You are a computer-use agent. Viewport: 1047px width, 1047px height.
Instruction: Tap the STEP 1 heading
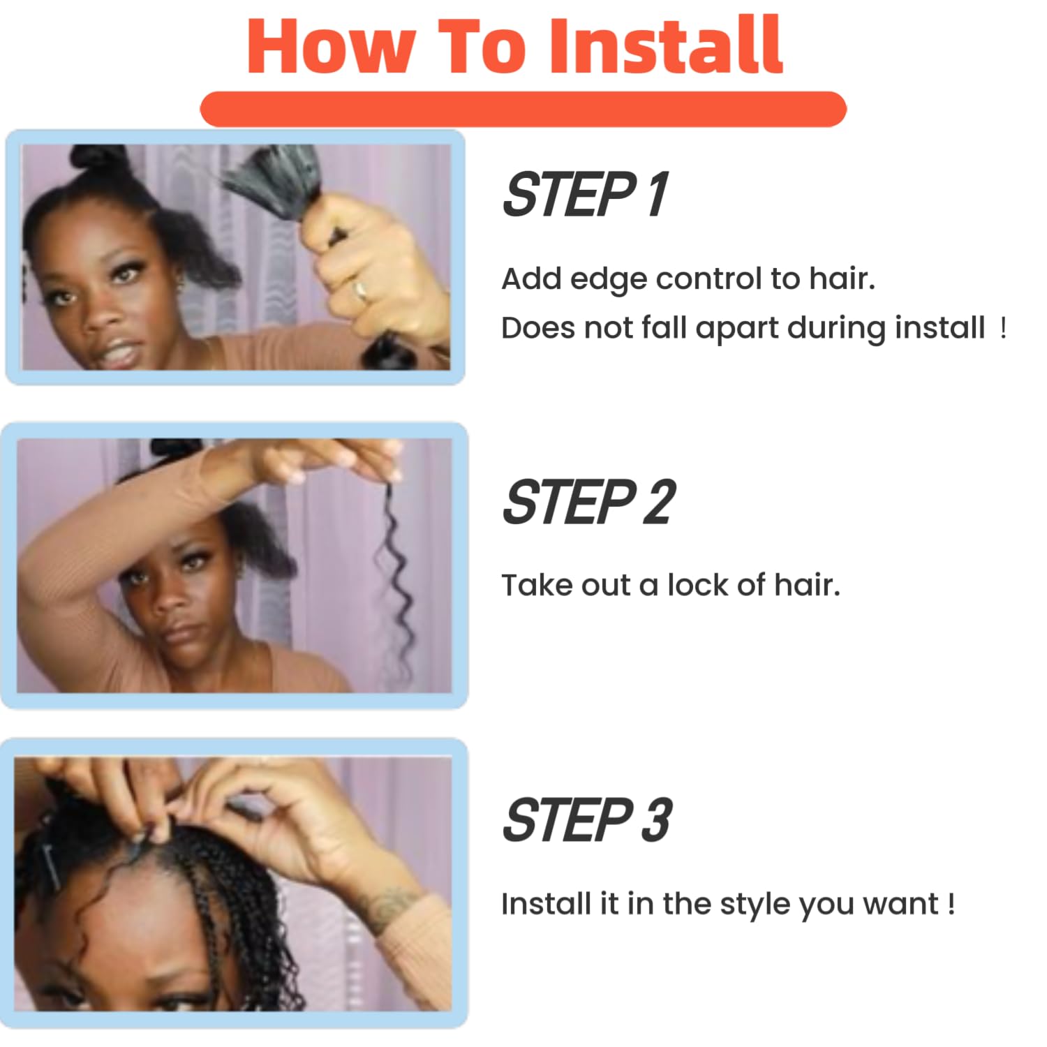pos(585,195)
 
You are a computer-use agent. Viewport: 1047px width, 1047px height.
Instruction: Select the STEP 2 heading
pos(588,502)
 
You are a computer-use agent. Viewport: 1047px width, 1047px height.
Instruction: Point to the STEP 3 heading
pos(587,819)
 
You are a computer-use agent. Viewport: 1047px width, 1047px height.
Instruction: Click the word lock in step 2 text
pos(697,585)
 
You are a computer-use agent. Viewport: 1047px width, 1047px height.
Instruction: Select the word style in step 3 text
pos(757,905)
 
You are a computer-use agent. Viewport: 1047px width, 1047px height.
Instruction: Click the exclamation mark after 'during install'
pos(1003,327)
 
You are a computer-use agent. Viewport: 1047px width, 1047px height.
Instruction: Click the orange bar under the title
pos(523,109)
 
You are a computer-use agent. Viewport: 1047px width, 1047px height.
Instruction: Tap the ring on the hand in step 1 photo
pos(360,289)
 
